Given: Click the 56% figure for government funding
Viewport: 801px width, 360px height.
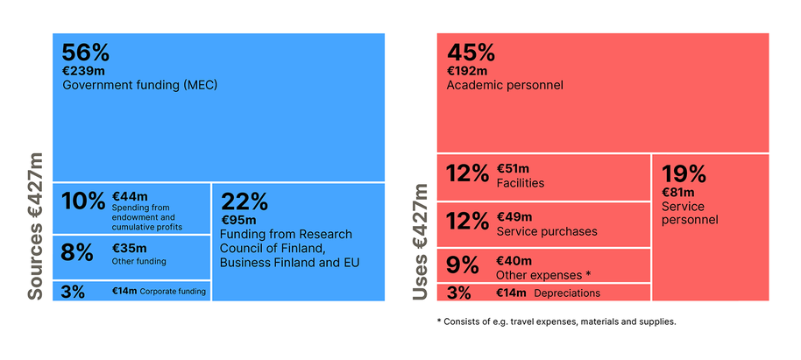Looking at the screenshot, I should point(86,53).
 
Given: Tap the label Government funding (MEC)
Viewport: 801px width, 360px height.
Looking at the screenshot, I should point(139,86).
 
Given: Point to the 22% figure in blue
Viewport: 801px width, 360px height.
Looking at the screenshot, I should point(246,201).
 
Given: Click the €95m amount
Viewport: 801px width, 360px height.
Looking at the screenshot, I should point(238,220).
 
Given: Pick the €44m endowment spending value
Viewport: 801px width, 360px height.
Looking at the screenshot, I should point(130,195).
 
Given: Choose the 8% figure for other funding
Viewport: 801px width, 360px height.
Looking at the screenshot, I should point(77,252).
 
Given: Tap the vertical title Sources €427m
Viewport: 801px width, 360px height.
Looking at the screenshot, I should point(35,226).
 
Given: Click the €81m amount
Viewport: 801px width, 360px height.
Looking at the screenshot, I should point(677,193).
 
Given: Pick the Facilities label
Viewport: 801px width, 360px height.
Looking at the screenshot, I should point(520,183).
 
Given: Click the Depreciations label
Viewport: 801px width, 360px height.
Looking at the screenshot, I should point(567,293).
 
